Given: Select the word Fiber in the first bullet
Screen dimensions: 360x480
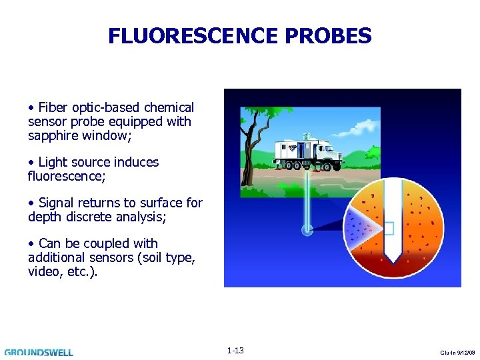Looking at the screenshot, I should coord(53,107).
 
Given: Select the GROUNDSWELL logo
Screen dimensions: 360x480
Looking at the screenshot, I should coord(39,352).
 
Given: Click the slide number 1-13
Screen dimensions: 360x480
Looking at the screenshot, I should coord(235,351).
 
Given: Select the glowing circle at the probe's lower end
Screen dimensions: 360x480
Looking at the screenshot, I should coord(307,230).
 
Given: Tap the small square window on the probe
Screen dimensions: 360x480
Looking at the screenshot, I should coord(390,229).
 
